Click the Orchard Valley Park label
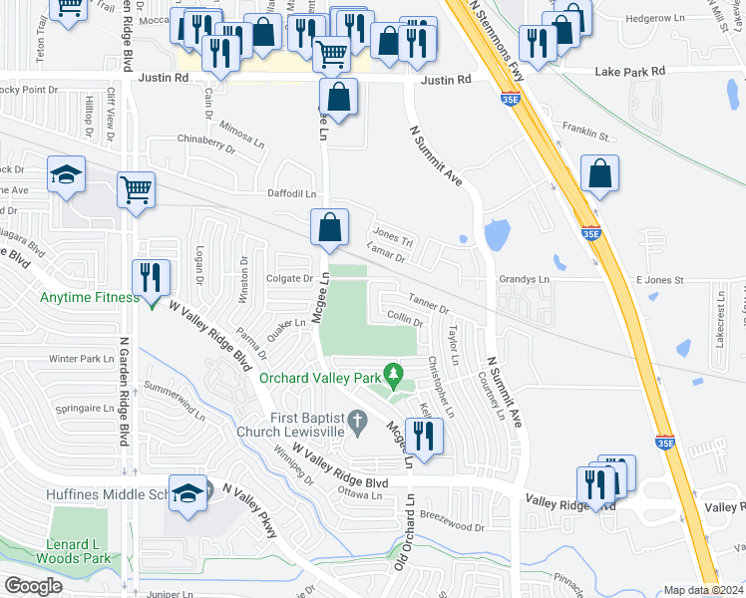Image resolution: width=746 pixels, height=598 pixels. pyautogui.click(x=321, y=378)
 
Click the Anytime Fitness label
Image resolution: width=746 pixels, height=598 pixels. pyautogui.click(x=87, y=296)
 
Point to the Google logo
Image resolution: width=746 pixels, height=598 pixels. pyautogui.click(x=33, y=585)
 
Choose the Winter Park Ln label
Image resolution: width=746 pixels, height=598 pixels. pyautogui.click(x=83, y=359)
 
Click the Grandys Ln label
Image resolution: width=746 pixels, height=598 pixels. pyautogui.click(x=524, y=280)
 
